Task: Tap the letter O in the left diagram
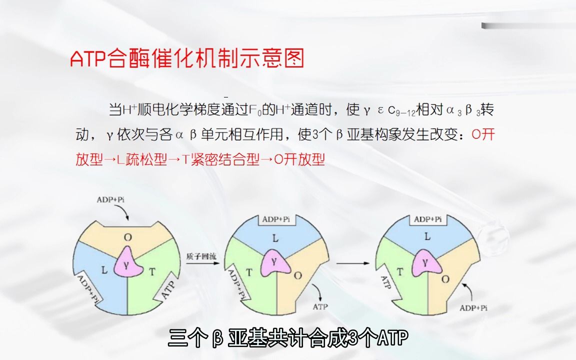pyautogui.click(x=127, y=237)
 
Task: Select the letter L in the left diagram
pyautogui.click(x=104, y=270)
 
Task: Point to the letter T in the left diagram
pyautogui.click(x=152, y=272)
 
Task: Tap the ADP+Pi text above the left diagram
pyautogui.click(x=110, y=199)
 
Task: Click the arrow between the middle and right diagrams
pyautogui.click(x=352, y=263)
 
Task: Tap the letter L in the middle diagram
pyautogui.click(x=275, y=239)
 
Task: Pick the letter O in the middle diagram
pyautogui.click(x=297, y=275)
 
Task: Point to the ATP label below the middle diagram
pyautogui.click(x=320, y=306)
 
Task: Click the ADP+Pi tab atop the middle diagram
pyautogui.click(x=276, y=219)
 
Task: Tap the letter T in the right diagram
pyautogui.click(x=399, y=272)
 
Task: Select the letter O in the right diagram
pyautogui.click(x=445, y=279)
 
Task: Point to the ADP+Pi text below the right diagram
pyautogui.click(x=473, y=308)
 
